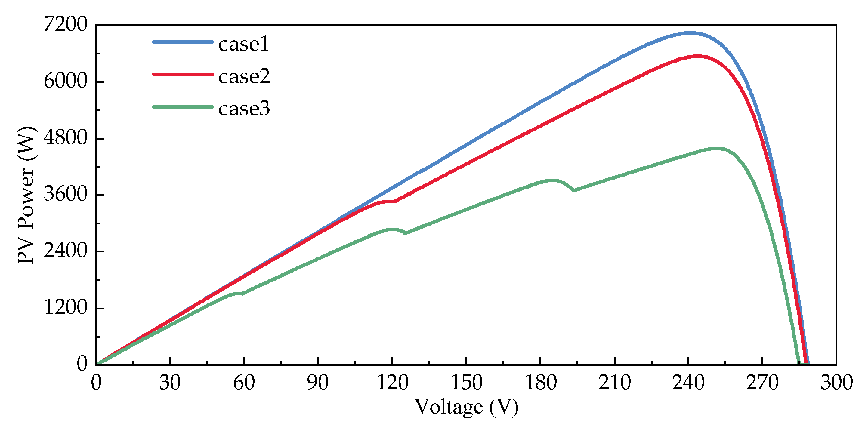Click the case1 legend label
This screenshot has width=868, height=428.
coord(244,44)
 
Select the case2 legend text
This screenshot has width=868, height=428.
coord(244,77)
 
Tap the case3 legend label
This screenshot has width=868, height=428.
coord(244,109)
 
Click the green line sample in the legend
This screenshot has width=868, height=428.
coord(183,107)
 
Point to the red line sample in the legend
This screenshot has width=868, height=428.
coord(183,74)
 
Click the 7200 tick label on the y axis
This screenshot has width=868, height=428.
coord(65,25)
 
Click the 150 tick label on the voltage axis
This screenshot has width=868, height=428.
coord(466,383)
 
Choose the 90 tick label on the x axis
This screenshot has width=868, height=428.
coord(318,383)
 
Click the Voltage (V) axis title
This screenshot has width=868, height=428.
coord(466,407)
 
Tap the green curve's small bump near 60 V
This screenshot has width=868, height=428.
coord(238,293)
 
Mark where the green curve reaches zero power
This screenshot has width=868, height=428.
coord(798,364)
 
